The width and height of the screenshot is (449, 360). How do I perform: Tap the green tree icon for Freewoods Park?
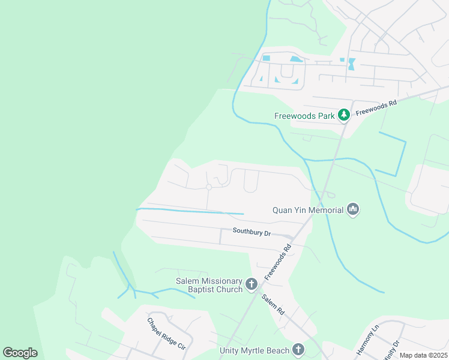pyautogui.click(x=343, y=114)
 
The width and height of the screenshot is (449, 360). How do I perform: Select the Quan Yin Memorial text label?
pyautogui.click(x=308, y=209)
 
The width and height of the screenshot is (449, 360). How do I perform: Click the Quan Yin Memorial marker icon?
pyautogui.click(x=353, y=209)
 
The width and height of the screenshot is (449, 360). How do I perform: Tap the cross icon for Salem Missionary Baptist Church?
pyautogui.click(x=252, y=283)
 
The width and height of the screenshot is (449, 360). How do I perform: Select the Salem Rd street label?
pyautogui.click(x=273, y=305)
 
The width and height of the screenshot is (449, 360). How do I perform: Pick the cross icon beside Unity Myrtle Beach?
pyautogui.click(x=298, y=349)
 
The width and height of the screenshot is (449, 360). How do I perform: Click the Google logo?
pyautogui.click(x=20, y=353)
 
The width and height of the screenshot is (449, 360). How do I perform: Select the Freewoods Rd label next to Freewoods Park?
pyautogui.click(x=376, y=108)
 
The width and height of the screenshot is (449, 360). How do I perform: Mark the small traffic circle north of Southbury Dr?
pyautogui.click(x=209, y=187)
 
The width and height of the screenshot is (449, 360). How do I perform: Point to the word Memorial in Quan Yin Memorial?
pyautogui.click(x=325, y=209)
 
